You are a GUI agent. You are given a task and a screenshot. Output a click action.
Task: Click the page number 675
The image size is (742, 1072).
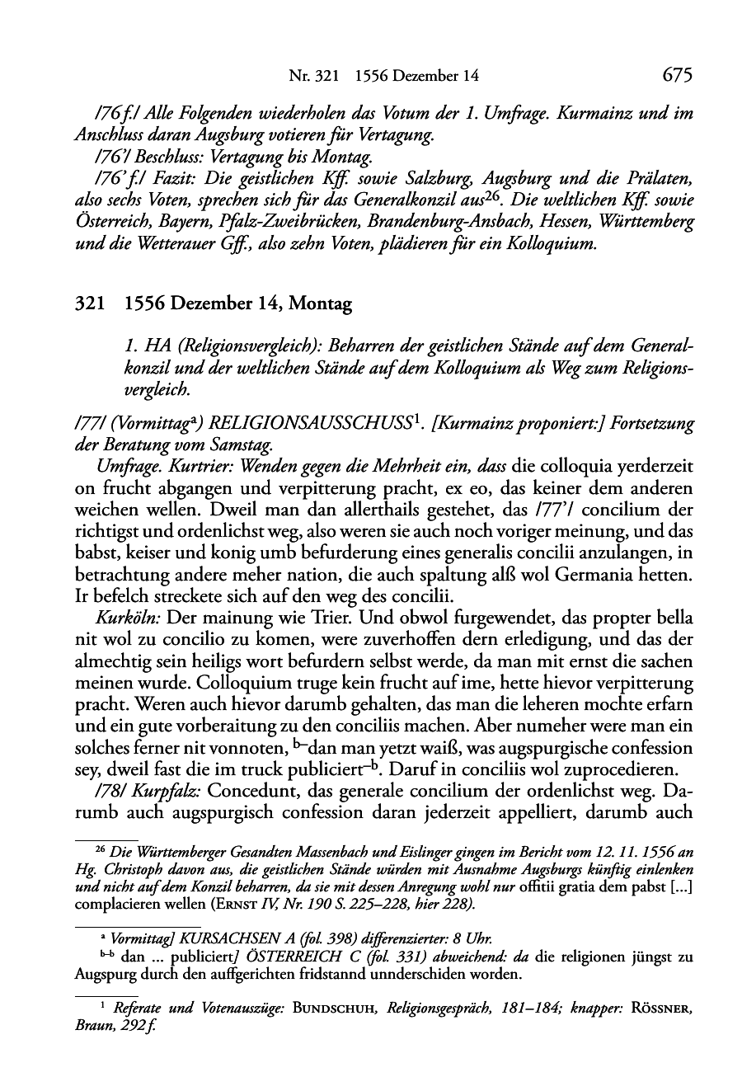pyautogui.click(x=676, y=76)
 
